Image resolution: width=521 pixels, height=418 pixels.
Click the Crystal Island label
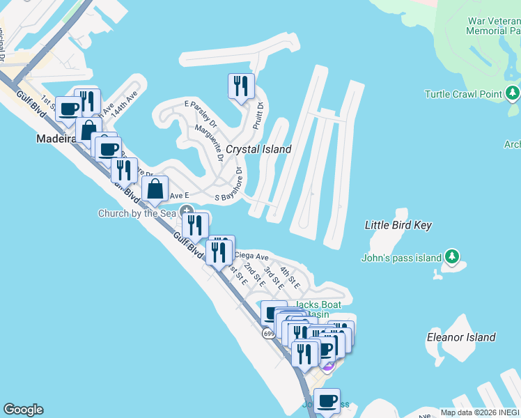coord(258,149)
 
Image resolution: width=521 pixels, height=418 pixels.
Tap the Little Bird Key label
coord(398,225)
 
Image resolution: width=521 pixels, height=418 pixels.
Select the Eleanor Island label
coord(461,337)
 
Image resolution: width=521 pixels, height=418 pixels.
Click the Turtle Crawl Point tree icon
coord(513,93)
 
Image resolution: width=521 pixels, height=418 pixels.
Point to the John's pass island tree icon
coord(452,258)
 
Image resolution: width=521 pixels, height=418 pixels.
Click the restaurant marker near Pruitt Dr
coord(241,86)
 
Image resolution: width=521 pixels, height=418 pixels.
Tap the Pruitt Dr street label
coord(258,116)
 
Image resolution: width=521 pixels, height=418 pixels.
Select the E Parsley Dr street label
coord(201,114)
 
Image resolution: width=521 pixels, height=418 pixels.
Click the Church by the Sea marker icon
coord(187,211)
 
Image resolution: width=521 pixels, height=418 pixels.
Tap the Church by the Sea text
coord(137,214)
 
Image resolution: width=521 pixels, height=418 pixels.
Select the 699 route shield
coord(269,334)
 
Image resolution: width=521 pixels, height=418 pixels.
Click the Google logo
coord(23,410)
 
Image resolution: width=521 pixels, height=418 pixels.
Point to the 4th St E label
coord(290,278)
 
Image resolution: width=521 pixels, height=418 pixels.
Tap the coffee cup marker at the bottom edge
coord(327,401)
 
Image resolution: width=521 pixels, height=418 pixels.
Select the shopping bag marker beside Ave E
coord(155,189)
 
